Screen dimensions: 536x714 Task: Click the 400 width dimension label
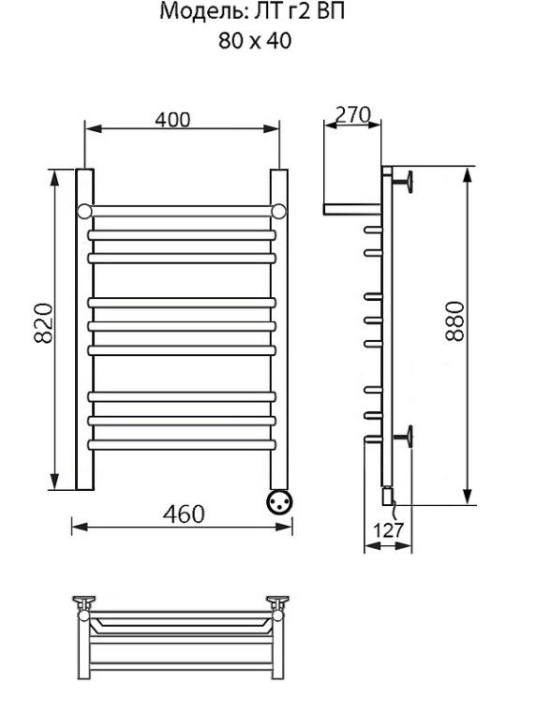172,119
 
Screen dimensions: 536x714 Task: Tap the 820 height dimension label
44,322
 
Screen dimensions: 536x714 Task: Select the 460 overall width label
184,513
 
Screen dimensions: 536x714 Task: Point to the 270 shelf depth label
353,114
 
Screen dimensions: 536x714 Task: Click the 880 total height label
454,320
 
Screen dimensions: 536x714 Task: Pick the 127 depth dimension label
389,530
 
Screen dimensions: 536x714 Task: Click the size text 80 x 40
255,41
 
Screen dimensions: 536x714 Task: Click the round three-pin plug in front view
278,502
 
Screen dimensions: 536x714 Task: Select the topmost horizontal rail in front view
181,211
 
